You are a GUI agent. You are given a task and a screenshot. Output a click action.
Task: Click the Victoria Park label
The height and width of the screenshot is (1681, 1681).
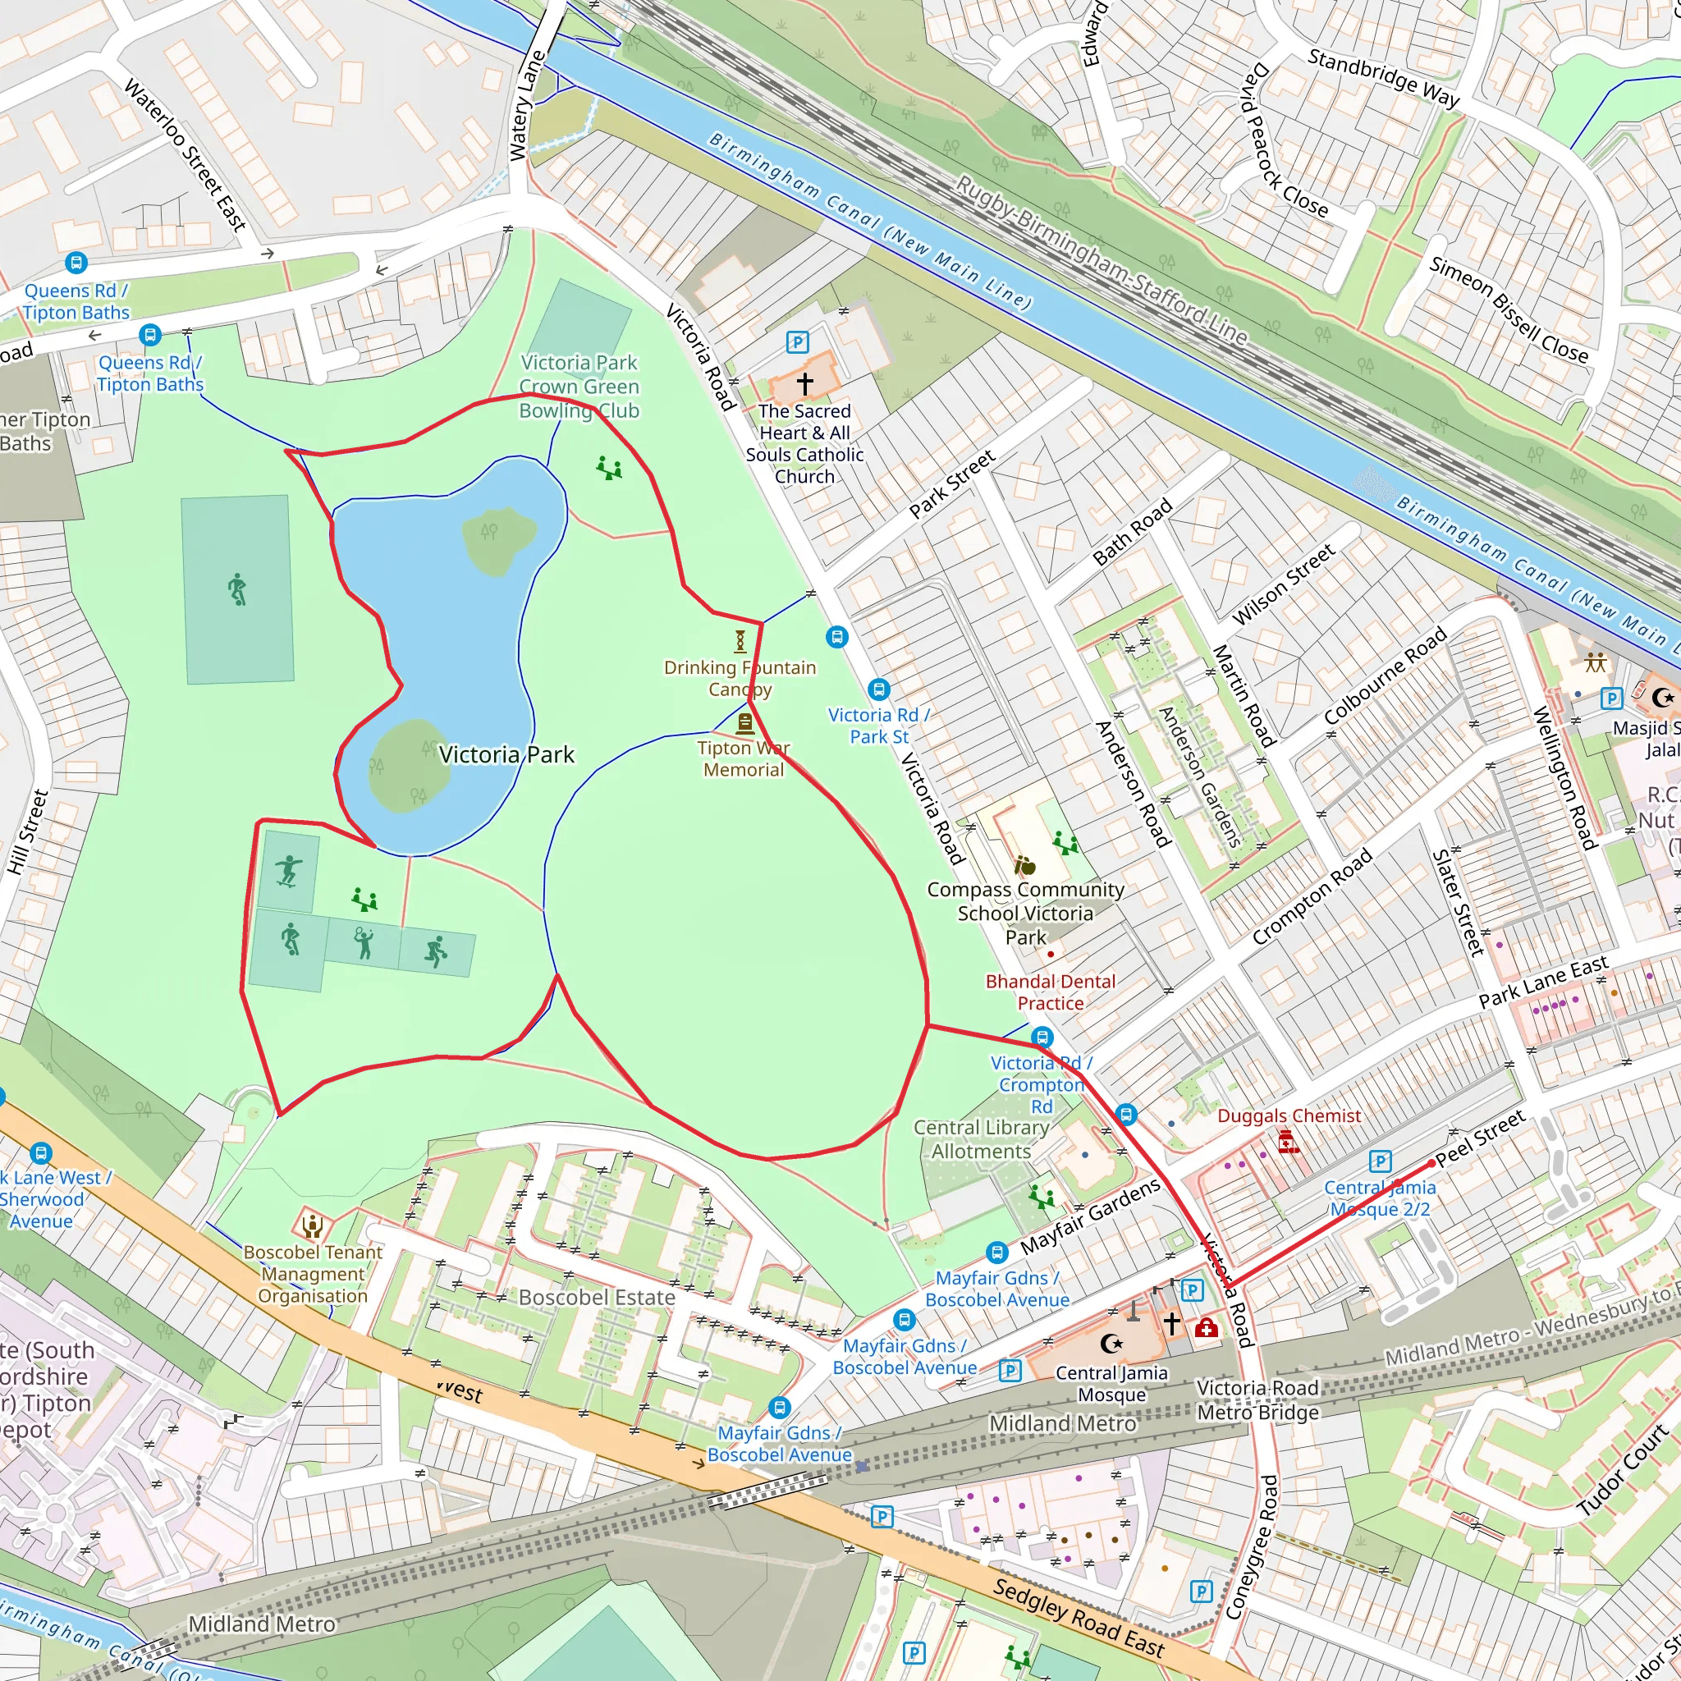(x=506, y=754)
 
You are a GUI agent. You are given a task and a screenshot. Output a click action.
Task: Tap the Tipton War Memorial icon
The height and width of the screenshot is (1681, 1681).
(x=744, y=723)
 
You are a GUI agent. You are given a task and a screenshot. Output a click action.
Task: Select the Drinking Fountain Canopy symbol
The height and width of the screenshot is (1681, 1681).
(x=740, y=641)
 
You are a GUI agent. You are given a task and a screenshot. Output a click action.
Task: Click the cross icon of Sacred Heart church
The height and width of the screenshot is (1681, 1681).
(x=805, y=382)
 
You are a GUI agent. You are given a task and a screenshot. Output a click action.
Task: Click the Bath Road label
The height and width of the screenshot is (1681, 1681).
(x=1132, y=533)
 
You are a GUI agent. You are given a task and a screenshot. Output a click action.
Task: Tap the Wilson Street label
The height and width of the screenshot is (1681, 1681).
(x=1284, y=584)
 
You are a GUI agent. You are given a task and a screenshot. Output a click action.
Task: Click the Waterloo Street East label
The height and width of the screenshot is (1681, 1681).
(x=186, y=155)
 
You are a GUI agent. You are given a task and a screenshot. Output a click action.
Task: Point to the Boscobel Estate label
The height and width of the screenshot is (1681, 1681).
(x=596, y=1298)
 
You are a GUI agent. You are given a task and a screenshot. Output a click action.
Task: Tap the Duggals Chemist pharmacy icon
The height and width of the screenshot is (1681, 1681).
(x=1289, y=1142)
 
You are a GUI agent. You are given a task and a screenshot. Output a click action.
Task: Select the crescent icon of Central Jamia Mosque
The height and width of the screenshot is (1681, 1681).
(x=1111, y=1344)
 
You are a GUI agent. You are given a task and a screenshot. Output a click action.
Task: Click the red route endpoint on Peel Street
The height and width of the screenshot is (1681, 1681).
(x=1432, y=1162)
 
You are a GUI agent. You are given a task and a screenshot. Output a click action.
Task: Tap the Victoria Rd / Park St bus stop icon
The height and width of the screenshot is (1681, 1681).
(x=879, y=689)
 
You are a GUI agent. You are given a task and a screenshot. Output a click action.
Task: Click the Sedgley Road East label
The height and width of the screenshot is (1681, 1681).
(x=1078, y=1618)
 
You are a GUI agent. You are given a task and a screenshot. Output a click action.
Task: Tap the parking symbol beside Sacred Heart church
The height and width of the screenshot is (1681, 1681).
(x=797, y=342)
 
